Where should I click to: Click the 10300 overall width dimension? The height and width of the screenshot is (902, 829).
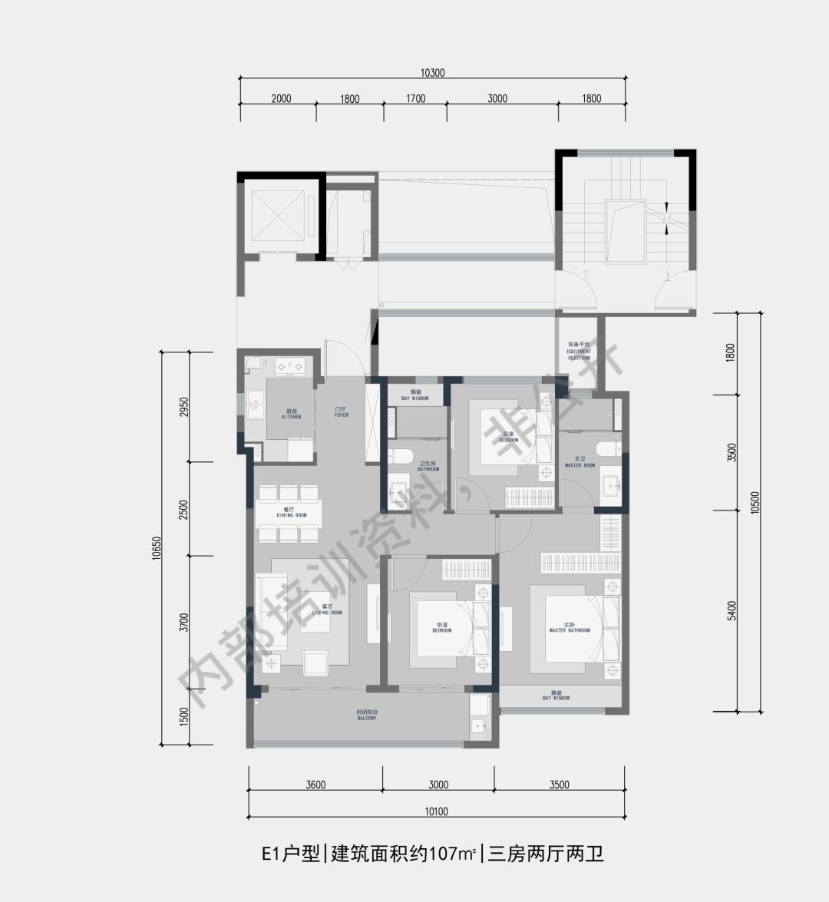coord(432,74)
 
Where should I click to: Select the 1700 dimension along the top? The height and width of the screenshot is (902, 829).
coord(415,98)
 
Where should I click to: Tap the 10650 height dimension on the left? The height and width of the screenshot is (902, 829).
coord(157,548)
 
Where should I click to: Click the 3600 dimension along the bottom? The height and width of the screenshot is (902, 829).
coord(315,785)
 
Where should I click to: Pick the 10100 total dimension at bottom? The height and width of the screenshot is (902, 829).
coord(435,811)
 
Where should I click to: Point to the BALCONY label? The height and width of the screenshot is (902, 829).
coord(366,715)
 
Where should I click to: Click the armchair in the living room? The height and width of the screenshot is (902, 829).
coord(315,662)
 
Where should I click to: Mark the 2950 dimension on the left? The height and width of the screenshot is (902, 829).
coord(183,407)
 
